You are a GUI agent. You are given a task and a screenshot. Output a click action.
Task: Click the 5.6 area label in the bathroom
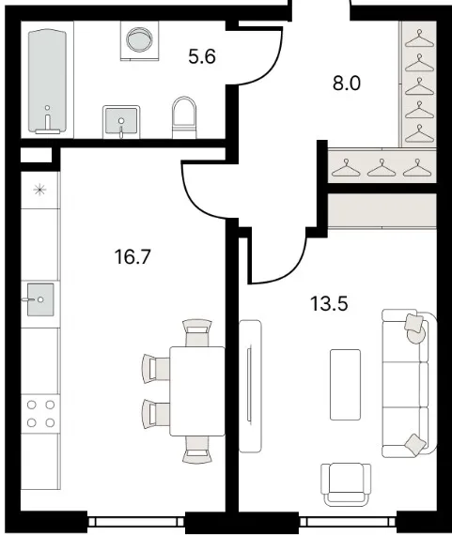click(202, 56)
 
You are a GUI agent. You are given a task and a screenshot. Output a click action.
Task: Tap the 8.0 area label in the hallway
click(347, 84)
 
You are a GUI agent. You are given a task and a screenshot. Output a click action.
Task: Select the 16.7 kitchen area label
click(132, 256)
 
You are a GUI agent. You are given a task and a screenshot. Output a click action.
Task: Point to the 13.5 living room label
click(329, 303)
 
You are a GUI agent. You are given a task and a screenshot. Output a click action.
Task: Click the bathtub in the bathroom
click(48, 82)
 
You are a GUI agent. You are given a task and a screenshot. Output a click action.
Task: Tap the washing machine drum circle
click(139, 39)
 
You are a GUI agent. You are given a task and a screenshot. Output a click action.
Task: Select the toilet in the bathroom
click(184, 117)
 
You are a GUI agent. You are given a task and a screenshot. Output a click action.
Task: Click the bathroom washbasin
click(121, 121)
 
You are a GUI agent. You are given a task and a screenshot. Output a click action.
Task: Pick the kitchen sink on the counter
click(40, 299)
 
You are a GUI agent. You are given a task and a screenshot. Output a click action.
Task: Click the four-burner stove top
click(40, 414)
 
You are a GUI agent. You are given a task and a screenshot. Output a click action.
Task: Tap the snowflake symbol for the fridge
click(40, 190)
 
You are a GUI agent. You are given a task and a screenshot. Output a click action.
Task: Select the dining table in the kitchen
click(197, 391)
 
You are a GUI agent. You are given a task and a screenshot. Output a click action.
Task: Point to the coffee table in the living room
click(345, 385)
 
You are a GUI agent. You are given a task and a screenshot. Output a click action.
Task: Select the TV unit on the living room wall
click(250, 387)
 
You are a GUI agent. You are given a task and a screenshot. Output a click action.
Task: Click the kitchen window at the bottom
click(136, 522)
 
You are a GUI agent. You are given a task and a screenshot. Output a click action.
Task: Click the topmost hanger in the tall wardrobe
click(419, 38)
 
